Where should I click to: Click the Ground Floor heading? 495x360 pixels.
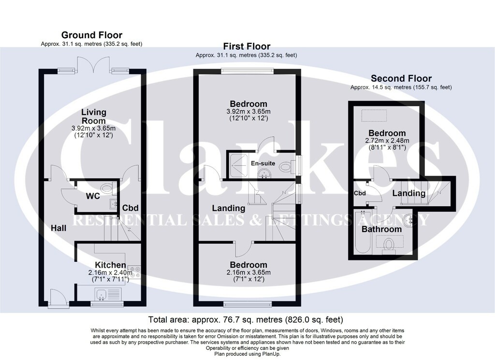tap(91, 35)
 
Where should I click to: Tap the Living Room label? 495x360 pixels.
tap(94, 116)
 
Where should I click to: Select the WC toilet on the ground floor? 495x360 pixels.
tap(107, 188)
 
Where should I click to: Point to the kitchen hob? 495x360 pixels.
tap(136, 272)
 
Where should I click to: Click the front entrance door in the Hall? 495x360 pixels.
tap(58, 298)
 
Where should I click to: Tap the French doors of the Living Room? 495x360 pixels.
tap(93, 64)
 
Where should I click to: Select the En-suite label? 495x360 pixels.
tap(263, 163)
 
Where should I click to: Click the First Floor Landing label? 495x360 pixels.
tap(229, 208)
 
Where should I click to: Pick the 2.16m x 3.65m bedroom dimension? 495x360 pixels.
tap(248, 273)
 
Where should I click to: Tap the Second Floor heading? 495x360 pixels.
tap(401, 78)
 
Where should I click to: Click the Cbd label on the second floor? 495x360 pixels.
tap(360, 193)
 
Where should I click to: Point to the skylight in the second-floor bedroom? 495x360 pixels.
tap(374, 115)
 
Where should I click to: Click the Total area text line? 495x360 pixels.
tap(246, 319)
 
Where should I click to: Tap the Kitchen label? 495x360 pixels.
tap(111, 265)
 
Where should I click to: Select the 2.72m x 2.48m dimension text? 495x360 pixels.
tap(387, 141)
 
